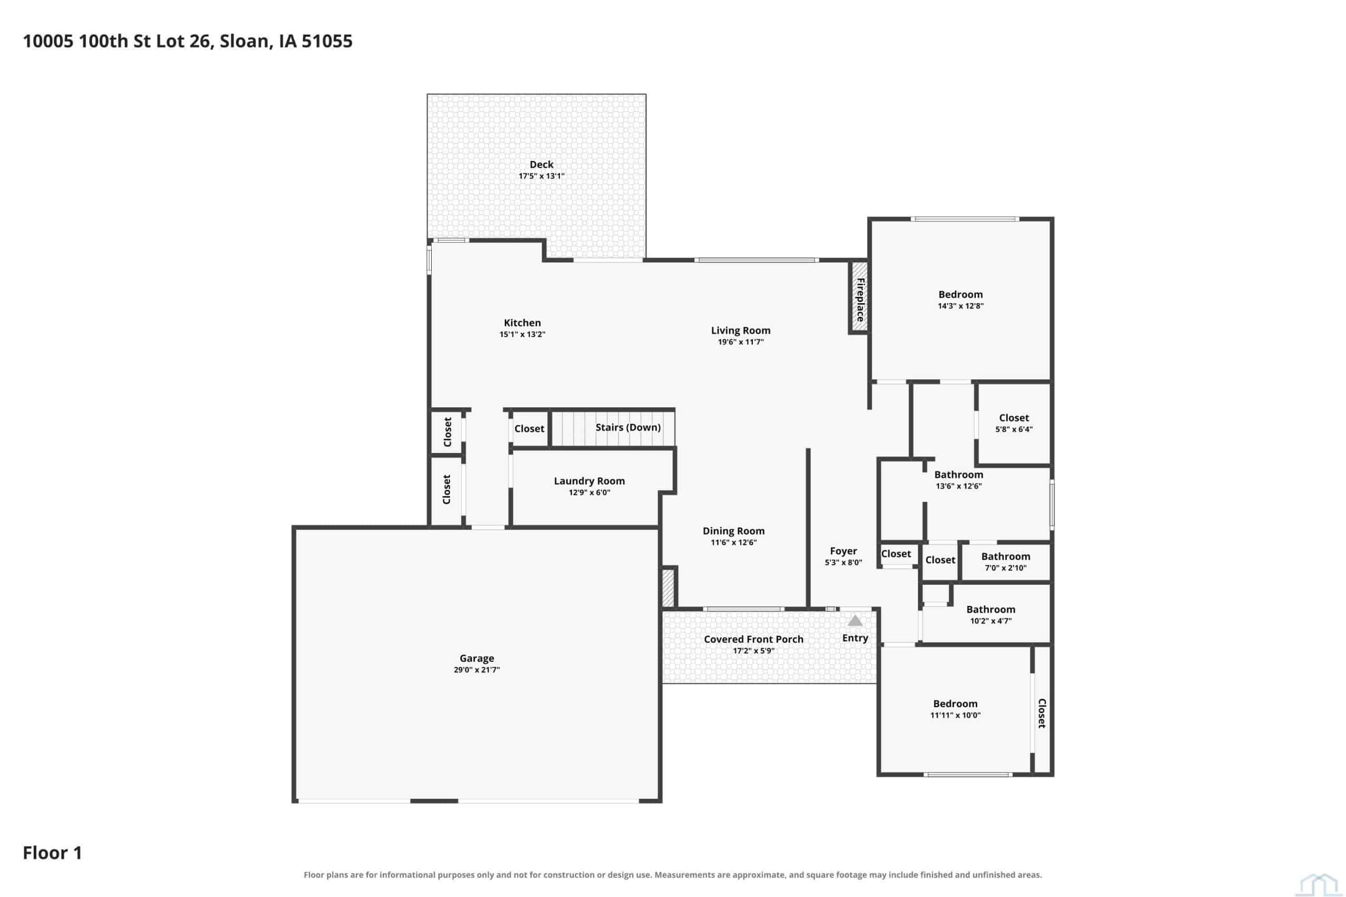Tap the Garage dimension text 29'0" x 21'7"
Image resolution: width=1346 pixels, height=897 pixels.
(477, 670)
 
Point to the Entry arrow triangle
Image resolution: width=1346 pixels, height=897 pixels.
(854, 621)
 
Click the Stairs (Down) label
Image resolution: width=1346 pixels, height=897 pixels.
(628, 427)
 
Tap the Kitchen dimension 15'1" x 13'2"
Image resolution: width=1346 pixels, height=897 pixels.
(522, 335)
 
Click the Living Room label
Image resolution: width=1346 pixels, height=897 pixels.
(740, 331)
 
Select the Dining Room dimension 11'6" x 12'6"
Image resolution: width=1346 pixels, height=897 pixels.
(733, 542)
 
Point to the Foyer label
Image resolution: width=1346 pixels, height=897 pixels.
(843, 551)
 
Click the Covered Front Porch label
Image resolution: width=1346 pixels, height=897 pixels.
(753, 639)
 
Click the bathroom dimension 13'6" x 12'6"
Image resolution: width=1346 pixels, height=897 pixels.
(958, 486)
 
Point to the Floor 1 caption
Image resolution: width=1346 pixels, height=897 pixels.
(52, 853)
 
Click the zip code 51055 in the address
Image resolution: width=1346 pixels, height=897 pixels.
(327, 41)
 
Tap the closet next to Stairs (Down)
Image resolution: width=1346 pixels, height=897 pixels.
(529, 428)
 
